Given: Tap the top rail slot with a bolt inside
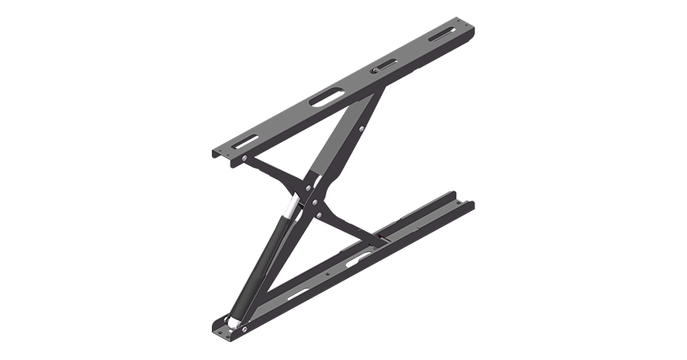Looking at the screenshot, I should click(x=380, y=67).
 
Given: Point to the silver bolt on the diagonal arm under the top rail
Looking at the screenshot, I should click(x=359, y=128).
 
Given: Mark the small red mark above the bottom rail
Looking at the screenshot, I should click(x=378, y=239).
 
